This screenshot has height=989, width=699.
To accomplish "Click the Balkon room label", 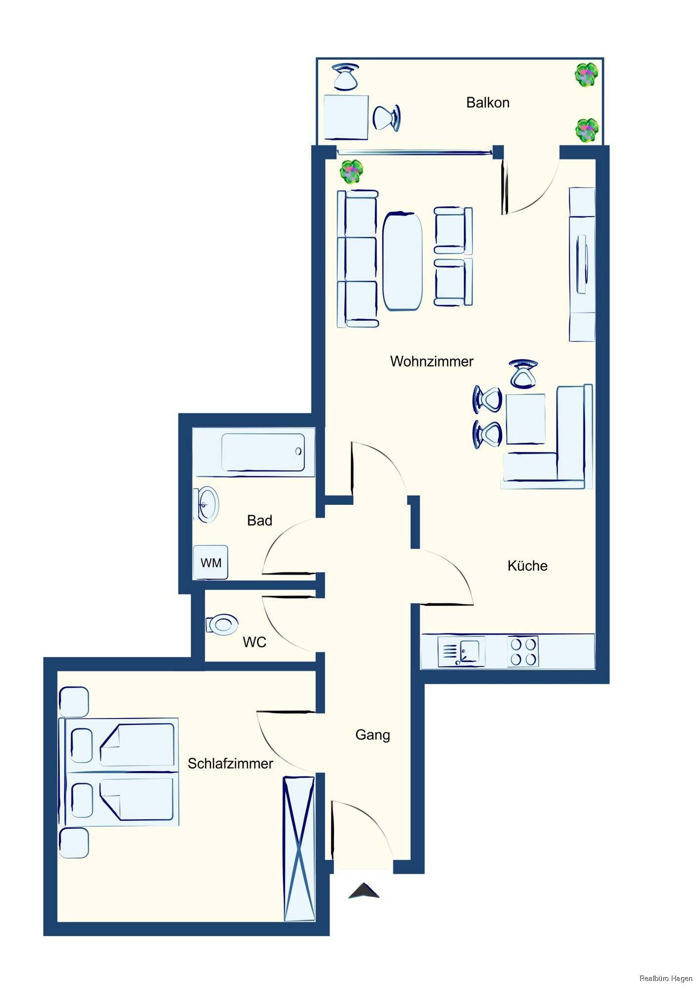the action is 488,102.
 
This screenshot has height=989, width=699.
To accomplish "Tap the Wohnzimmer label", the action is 431,361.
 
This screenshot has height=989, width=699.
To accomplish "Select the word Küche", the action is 527,565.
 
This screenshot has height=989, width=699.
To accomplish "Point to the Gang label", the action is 373,735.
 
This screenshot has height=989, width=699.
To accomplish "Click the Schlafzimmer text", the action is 230,764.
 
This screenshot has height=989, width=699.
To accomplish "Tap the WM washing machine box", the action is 210,562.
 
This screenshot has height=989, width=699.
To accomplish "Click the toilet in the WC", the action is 222,625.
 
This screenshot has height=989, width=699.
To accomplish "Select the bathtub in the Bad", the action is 263,452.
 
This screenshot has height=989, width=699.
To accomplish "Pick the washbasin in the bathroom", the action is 207,504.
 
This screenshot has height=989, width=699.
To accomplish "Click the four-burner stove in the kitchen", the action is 523,652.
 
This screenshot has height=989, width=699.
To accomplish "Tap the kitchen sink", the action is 461,652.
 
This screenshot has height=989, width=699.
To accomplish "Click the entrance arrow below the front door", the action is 364,890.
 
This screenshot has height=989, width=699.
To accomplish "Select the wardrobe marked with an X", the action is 299,849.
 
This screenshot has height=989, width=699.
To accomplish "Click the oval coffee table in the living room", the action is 403,261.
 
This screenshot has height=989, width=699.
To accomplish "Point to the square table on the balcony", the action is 346,117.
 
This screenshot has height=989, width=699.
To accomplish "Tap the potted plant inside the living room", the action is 352,172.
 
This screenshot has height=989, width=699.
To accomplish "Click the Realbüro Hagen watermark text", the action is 665,978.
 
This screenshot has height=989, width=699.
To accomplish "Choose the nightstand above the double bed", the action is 74,702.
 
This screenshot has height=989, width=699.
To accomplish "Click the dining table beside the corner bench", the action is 525,418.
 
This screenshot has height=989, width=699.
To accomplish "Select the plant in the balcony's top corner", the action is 587,75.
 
